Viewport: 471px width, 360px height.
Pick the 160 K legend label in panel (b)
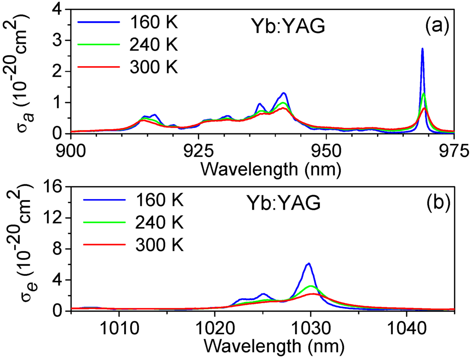click(x=159, y=200)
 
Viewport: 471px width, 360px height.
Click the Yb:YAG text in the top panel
click(x=292, y=27)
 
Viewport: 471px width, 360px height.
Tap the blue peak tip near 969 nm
click(x=422, y=49)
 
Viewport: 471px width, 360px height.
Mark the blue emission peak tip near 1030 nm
click(x=309, y=263)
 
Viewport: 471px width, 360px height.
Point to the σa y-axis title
click(x=18, y=71)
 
